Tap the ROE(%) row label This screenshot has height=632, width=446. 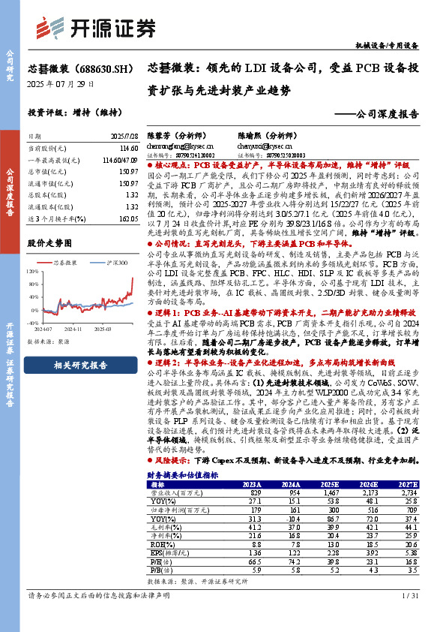(160, 543)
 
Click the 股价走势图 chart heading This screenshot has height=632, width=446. (49, 244)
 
